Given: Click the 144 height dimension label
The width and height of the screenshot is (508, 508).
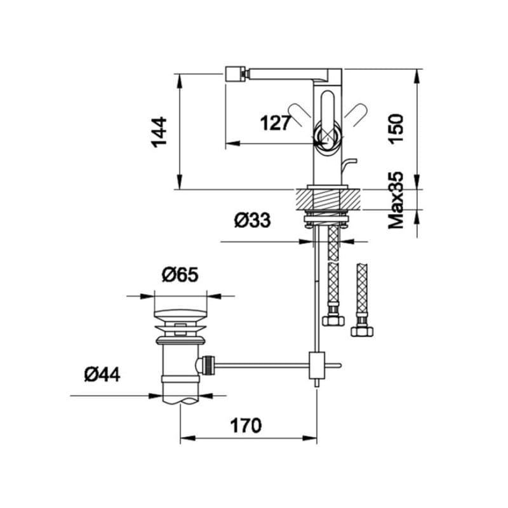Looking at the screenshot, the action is tap(159, 133).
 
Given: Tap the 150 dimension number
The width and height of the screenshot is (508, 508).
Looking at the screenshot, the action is tap(396, 129).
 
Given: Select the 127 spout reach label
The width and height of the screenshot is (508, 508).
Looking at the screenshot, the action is tap(275, 123).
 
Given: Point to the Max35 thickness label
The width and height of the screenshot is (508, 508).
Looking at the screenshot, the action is tap(396, 200).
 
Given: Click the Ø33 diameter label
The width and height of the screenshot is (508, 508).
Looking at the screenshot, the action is tap(252, 220).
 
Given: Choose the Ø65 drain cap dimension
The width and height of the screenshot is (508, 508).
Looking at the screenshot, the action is tap(180, 275).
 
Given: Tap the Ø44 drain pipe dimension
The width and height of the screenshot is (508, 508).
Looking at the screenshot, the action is tap(102, 374).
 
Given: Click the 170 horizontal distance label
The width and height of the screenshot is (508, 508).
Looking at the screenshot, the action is tap(246, 425).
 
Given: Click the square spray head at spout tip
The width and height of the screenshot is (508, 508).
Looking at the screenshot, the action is tap(235, 74).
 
